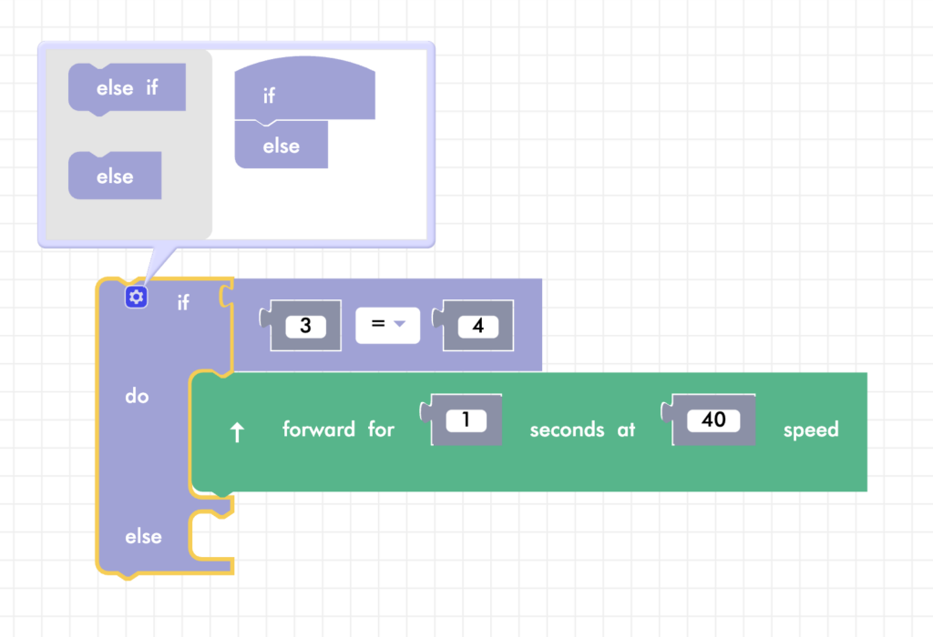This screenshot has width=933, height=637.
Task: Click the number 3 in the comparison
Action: (x=306, y=326)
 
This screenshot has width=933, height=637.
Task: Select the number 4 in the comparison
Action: (x=478, y=326)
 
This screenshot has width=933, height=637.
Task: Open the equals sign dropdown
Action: (x=388, y=325)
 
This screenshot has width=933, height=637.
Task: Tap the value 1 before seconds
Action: (x=466, y=420)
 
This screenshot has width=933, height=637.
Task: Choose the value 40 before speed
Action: (x=713, y=420)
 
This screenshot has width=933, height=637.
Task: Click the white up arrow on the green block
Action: (x=238, y=432)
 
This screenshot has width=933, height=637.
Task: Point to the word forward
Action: (x=319, y=430)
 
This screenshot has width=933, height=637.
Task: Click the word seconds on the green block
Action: (x=567, y=430)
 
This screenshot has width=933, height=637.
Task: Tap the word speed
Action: (x=811, y=430)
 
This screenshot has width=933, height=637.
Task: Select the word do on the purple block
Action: (x=137, y=397)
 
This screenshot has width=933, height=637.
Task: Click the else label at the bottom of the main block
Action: (x=143, y=537)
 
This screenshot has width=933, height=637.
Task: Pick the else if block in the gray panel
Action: (x=127, y=87)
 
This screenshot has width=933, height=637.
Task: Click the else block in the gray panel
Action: (x=115, y=177)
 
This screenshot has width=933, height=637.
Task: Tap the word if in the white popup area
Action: (x=269, y=96)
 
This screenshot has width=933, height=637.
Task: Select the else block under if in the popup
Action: (x=281, y=146)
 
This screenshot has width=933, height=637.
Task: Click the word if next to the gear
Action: (x=183, y=302)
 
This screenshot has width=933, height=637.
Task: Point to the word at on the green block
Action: (x=626, y=430)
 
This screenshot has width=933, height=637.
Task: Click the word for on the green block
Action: (x=381, y=430)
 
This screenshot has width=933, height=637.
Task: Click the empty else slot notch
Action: (x=211, y=536)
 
